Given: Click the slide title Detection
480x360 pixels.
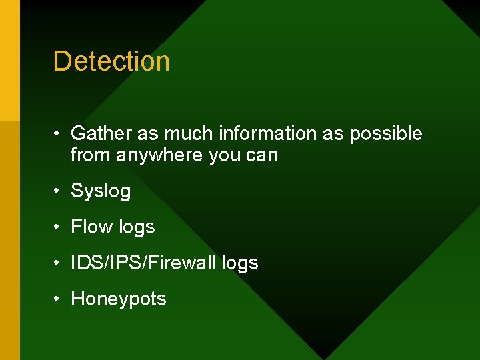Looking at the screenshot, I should click(x=111, y=61).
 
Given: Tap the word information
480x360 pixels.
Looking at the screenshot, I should click(x=263, y=133).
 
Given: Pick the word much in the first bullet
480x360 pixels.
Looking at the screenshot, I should click(x=189, y=133).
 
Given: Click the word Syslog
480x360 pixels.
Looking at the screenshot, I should click(x=101, y=191).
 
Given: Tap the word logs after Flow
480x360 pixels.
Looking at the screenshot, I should click(x=136, y=227).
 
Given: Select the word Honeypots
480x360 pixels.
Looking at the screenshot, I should click(x=119, y=299).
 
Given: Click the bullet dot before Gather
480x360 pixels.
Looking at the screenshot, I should click(x=59, y=134).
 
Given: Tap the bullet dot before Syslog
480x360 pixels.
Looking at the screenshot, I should click(x=59, y=191).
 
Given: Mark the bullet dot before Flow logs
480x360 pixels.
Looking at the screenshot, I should click(x=59, y=227).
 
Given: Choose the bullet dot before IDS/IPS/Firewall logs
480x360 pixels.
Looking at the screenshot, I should click(x=59, y=263).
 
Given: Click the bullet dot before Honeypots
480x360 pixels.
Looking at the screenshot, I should click(x=59, y=299).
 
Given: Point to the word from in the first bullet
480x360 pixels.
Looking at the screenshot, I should click(x=91, y=156).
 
